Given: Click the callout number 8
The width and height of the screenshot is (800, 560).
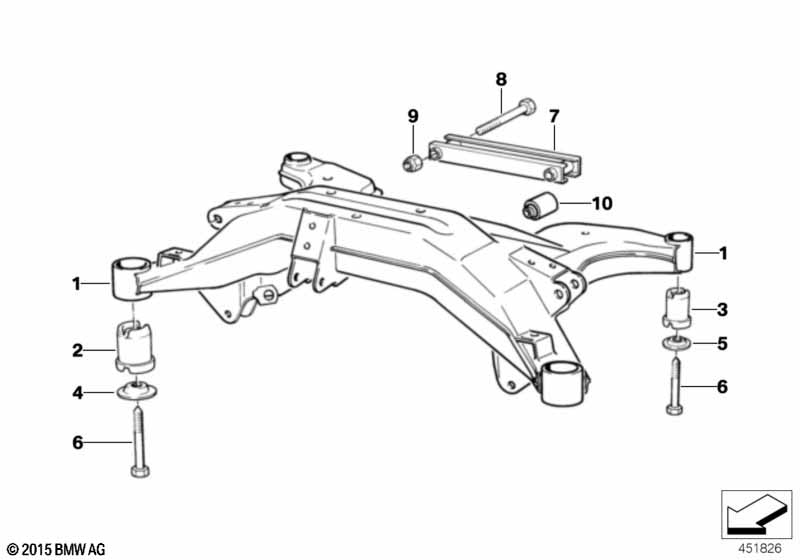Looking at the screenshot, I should [x=501, y=77].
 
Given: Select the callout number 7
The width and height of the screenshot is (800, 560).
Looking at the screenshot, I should [x=554, y=115].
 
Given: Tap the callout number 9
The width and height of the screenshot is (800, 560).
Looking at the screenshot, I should [x=412, y=117].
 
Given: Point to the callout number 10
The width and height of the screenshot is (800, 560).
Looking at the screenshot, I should [x=601, y=203].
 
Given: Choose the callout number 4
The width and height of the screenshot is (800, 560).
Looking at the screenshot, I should [x=77, y=393].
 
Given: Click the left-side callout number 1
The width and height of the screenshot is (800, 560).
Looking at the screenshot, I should [x=77, y=284].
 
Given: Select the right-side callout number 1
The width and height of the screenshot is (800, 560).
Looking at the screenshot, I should [x=724, y=253].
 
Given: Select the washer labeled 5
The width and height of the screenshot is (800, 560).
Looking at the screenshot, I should [x=676, y=344].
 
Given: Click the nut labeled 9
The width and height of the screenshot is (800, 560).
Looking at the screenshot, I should [x=409, y=161].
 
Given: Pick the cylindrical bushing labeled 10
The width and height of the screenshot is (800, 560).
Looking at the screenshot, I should [x=541, y=208].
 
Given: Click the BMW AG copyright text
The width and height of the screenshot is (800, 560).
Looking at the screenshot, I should [x=55, y=549].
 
